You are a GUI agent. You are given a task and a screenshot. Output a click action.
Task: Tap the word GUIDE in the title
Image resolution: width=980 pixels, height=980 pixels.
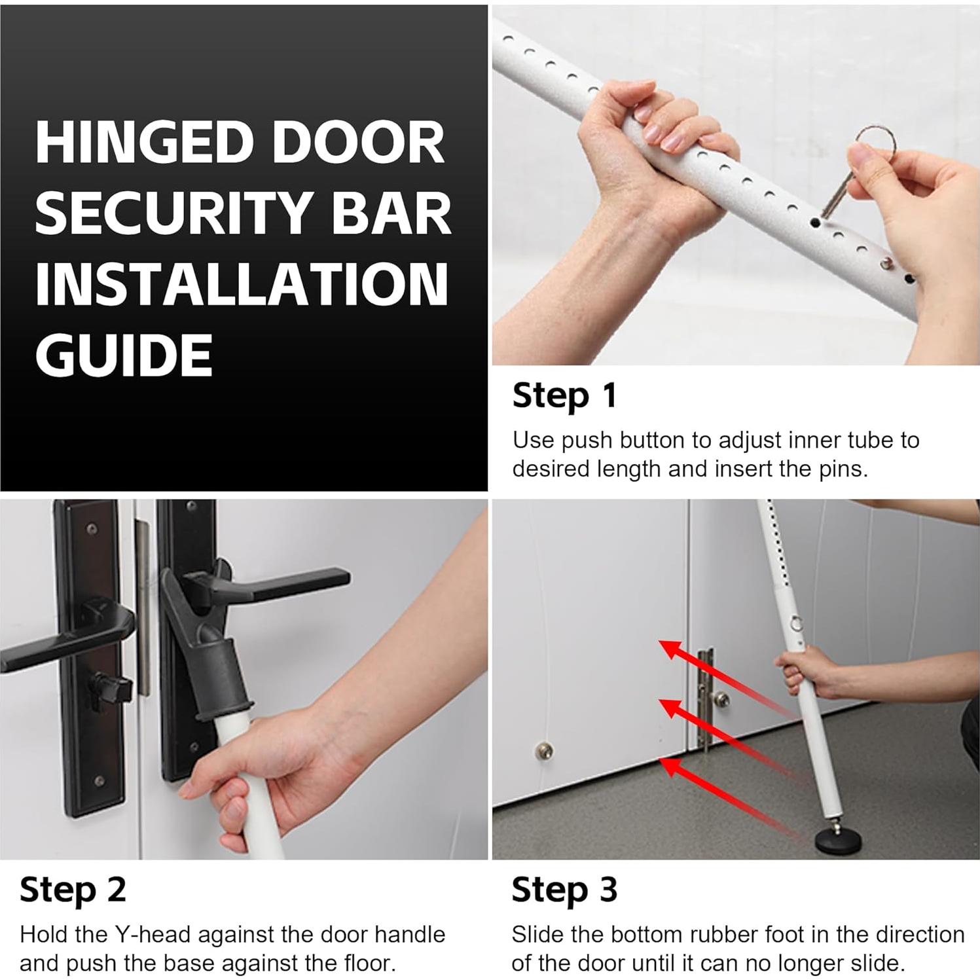(124, 354)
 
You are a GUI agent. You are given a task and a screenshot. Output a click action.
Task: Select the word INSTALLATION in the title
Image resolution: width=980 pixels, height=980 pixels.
(242, 283)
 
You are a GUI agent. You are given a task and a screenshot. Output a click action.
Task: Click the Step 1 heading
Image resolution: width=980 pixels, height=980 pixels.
(564, 396)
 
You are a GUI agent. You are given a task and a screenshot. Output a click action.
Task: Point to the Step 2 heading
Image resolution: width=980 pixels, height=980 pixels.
(73, 890)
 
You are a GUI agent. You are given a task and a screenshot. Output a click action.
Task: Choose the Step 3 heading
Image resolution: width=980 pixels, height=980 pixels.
(564, 890)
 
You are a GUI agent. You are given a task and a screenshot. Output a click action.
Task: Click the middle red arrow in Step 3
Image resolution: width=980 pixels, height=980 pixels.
(730, 736)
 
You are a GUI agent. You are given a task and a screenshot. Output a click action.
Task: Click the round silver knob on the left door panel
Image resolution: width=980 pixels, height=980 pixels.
(544, 751)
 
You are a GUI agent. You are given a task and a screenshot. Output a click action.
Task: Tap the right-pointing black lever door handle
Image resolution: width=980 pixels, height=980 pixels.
(275, 585)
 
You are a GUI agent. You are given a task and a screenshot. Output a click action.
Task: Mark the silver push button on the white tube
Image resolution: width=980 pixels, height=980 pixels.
(886, 263)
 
